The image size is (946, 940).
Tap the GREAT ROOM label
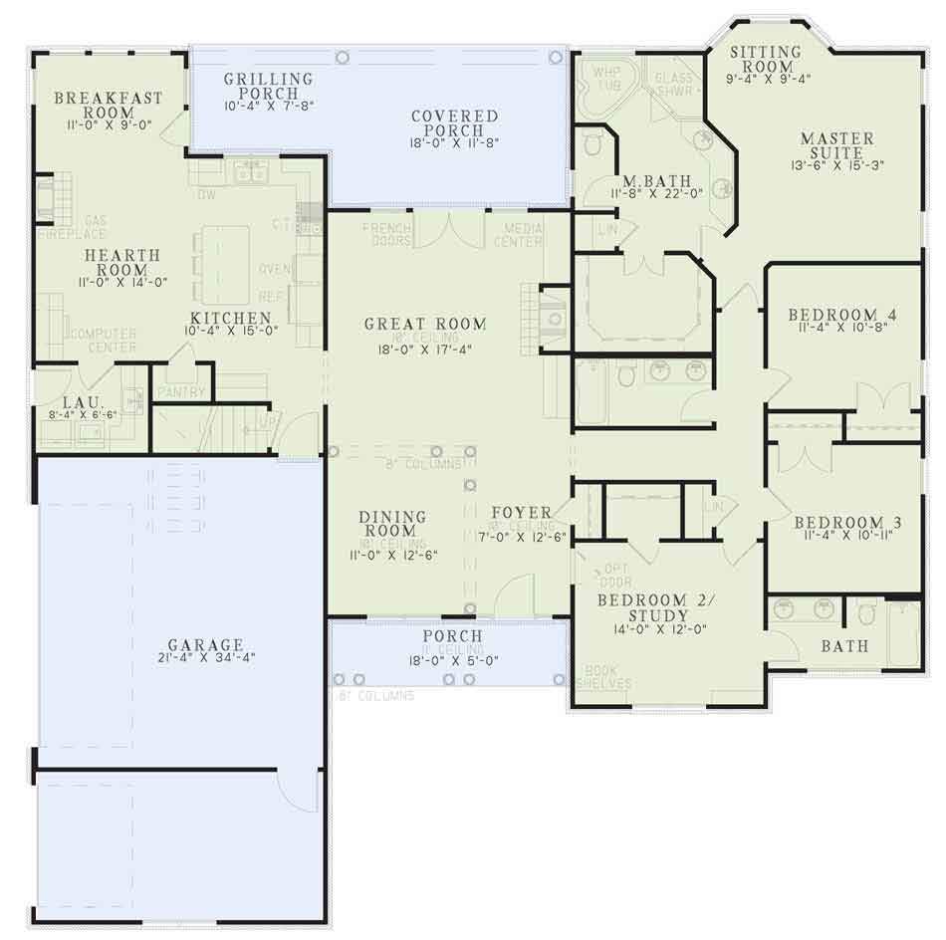point(425,324)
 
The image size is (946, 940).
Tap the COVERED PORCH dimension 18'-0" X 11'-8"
point(455,143)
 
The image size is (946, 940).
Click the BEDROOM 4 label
point(841,316)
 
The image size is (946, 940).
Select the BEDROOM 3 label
point(839,523)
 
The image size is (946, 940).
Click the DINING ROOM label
point(392,524)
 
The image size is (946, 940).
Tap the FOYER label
point(521,513)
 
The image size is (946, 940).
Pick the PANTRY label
point(180,392)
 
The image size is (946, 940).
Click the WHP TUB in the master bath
point(606,79)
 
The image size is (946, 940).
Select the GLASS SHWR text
point(673,84)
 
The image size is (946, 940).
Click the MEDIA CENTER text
point(518,234)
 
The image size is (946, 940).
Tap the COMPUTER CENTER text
point(101,340)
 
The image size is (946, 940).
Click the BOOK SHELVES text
point(607,677)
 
